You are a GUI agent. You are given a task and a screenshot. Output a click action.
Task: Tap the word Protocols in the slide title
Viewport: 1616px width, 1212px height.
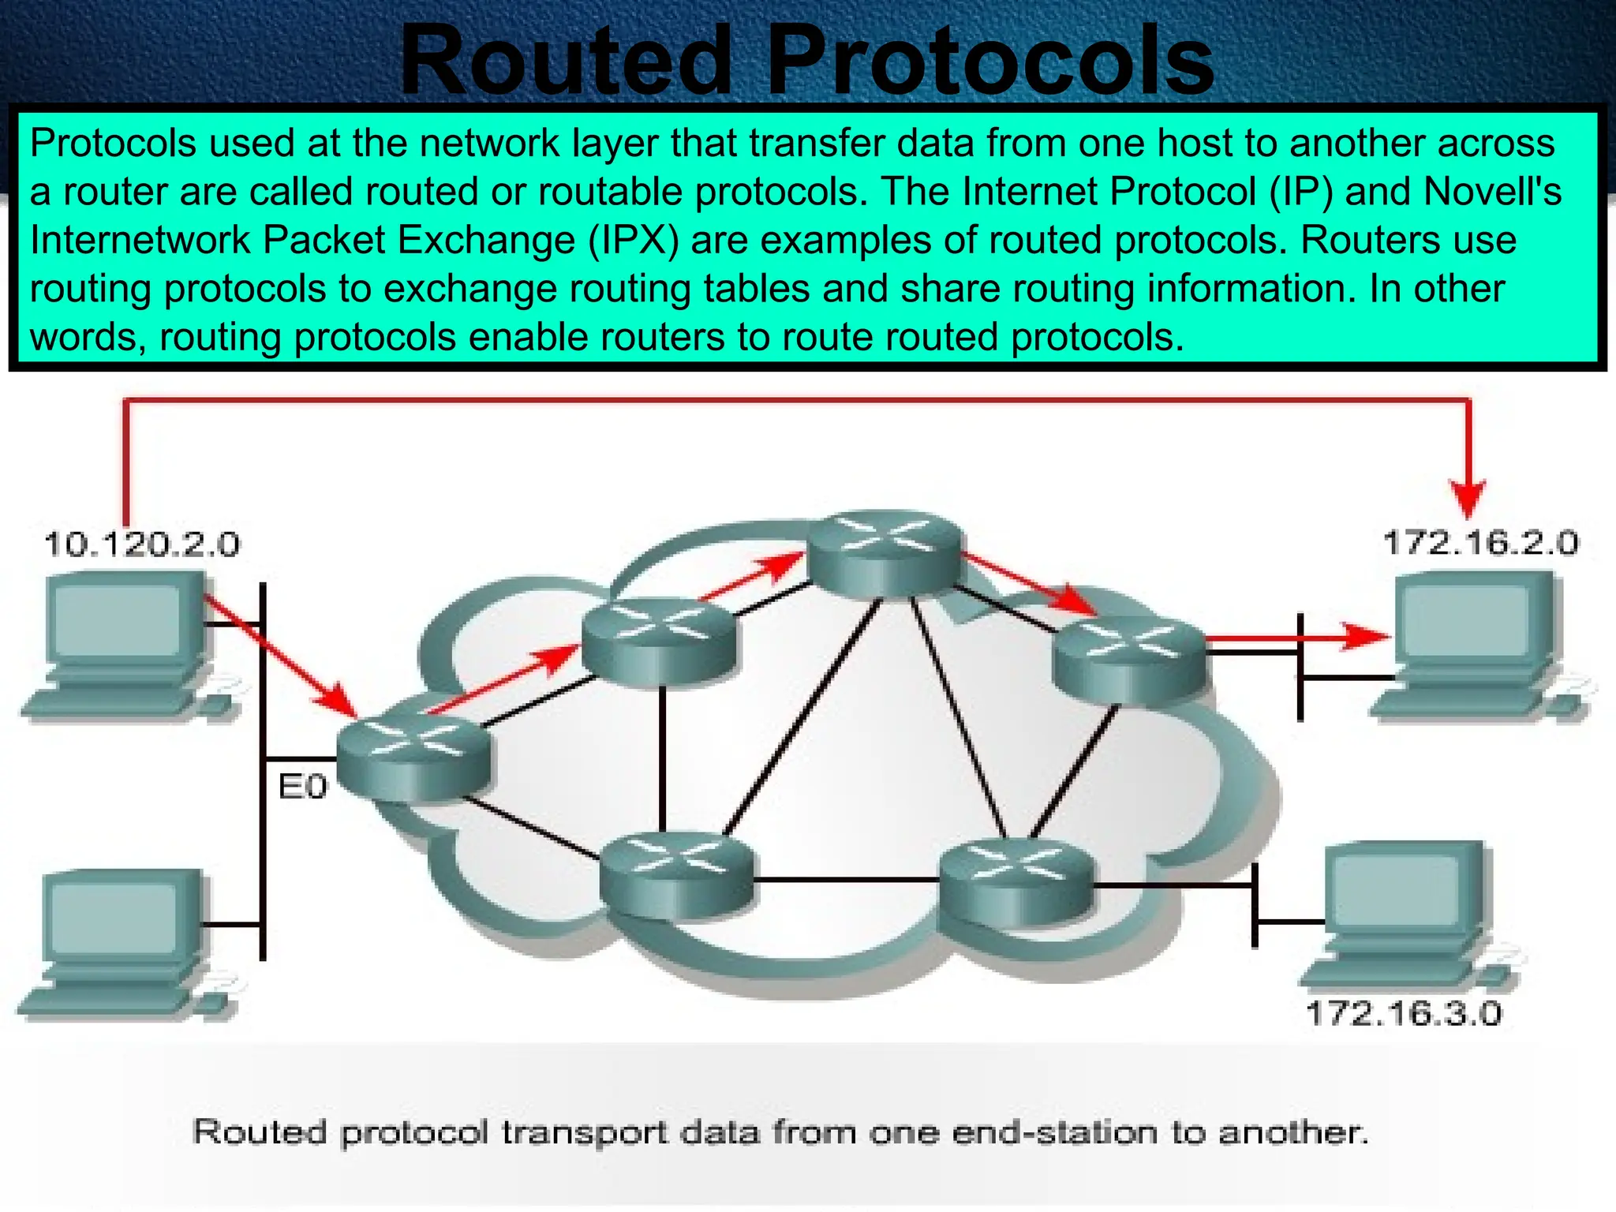(x=990, y=62)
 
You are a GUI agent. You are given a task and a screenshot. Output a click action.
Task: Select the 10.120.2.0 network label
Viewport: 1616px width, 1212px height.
(x=142, y=544)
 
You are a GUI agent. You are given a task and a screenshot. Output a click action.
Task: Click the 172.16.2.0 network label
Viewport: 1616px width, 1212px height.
(x=1481, y=543)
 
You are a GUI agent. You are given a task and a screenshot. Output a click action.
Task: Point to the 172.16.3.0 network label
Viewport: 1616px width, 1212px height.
(x=1404, y=1013)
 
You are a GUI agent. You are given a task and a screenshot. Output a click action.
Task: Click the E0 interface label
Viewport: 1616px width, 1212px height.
(x=302, y=787)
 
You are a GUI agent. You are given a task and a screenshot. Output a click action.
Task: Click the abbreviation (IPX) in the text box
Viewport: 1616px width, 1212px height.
(x=633, y=240)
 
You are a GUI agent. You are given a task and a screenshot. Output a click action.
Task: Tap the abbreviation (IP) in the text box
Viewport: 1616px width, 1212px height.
(x=1300, y=192)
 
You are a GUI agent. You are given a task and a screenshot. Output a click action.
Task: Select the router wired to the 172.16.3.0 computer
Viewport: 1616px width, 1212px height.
(x=1016, y=880)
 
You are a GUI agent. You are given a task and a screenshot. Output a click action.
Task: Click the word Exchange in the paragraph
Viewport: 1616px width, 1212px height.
(x=486, y=240)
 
